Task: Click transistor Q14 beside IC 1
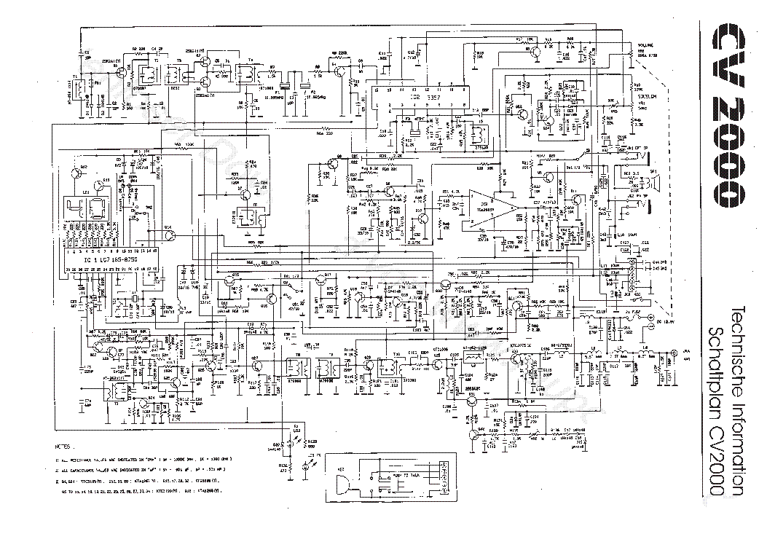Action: point(170,233)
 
